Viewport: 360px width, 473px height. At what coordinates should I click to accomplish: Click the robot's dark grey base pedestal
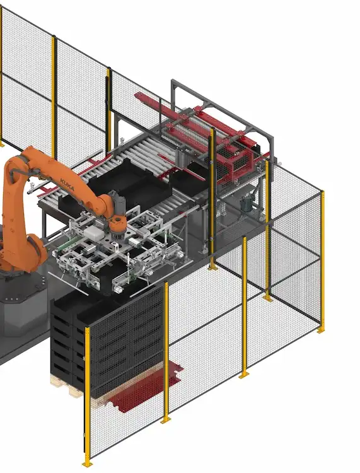click(19, 315)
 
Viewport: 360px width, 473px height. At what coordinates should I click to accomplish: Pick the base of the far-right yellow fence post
click(321, 329)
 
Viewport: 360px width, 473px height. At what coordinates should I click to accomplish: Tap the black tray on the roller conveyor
click(123, 180)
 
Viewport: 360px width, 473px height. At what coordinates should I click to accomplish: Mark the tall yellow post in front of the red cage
click(213, 196)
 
